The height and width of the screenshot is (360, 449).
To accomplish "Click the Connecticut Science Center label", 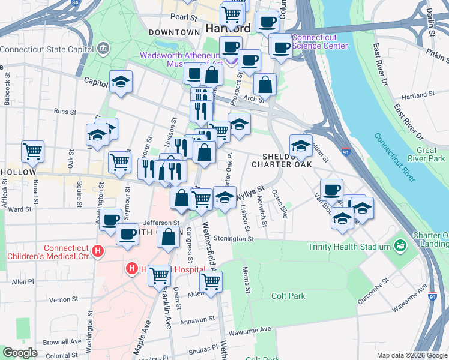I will [319, 41].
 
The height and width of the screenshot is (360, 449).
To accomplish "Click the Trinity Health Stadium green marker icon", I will [399, 246].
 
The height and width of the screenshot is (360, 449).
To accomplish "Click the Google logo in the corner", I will [20, 353].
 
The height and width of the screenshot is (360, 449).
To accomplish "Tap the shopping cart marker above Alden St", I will [211, 281].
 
